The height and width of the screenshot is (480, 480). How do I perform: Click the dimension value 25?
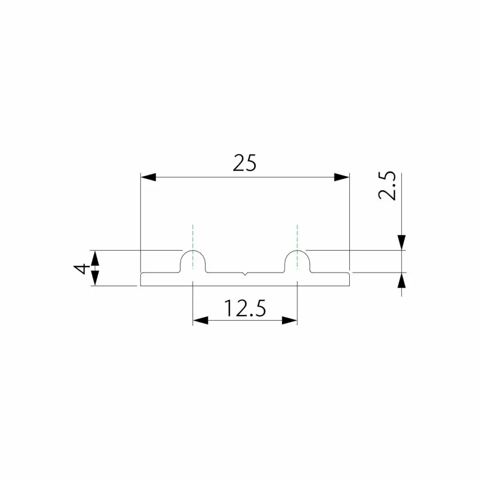click(245, 163)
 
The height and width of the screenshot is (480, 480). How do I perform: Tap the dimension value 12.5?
click(245, 308)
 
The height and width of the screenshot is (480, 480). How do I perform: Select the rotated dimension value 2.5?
click(388, 186)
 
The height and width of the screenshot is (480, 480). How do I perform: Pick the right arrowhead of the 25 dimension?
click(342, 177)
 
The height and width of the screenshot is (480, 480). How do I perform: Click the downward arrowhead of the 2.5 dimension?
click(402, 242)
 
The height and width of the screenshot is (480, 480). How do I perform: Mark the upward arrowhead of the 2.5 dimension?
click(402, 280)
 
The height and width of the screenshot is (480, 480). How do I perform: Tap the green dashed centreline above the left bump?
click(193, 237)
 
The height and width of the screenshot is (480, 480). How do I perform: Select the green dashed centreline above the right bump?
click(297, 237)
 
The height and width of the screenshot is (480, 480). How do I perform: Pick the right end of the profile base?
click(349, 279)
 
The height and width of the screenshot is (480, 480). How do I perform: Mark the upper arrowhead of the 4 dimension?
click(95, 257)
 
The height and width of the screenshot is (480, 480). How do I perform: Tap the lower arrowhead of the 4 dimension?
click(95, 279)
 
